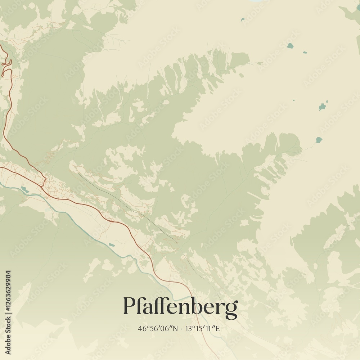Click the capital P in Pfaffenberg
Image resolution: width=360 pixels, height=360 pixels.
click(129, 306)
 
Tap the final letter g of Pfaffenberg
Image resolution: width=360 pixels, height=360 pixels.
click(232, 309)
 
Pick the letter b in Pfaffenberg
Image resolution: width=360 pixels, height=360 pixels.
click(199, 306)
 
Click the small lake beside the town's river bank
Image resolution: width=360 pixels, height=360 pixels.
click(24, 189)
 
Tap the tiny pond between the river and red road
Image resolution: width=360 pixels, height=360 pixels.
click(112, 245)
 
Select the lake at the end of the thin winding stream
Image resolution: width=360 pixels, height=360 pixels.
click(319, 140)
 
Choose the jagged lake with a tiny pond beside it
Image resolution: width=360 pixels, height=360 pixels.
click(322, 107)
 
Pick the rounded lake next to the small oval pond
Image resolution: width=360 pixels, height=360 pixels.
click(290, 46)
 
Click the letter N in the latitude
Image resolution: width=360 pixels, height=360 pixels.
click(175, 328)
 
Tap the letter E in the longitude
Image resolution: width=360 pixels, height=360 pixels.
click(217, 328)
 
